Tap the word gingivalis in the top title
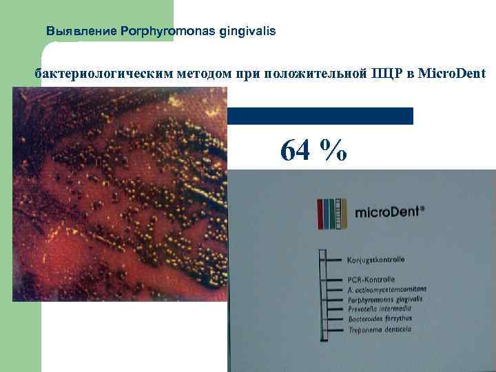(247, 31)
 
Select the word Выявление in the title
(81, 31)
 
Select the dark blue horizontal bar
(320, 116)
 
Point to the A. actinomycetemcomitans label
(387, 289)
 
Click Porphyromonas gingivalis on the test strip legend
(385, 300)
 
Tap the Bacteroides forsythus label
(380, 320)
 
